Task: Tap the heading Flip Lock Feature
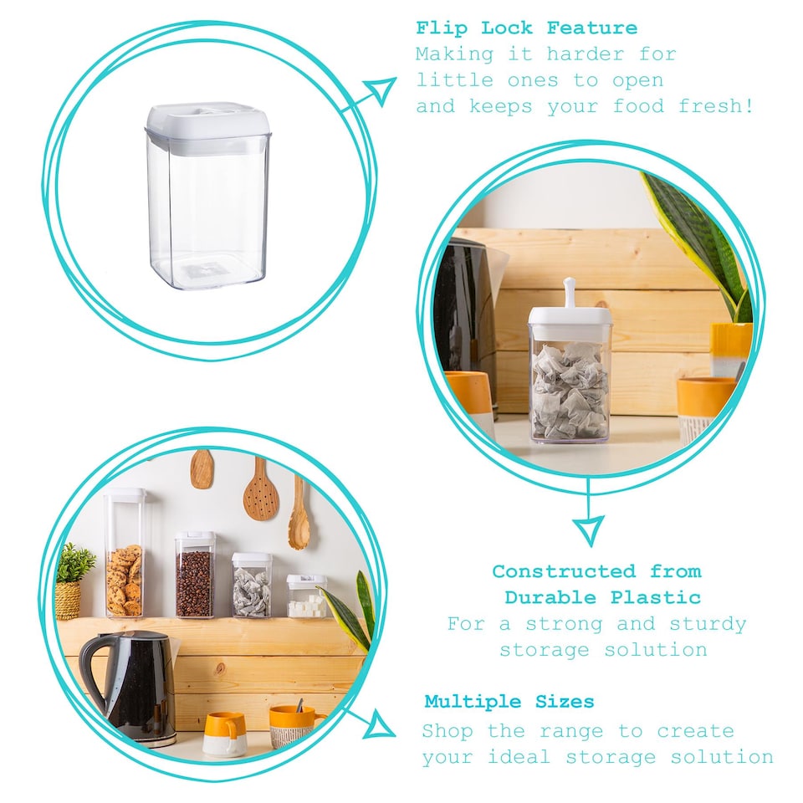click(526, 28)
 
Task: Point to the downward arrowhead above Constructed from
click(588, 529)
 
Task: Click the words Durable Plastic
click(602, 597)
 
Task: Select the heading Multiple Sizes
click(509, 701)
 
